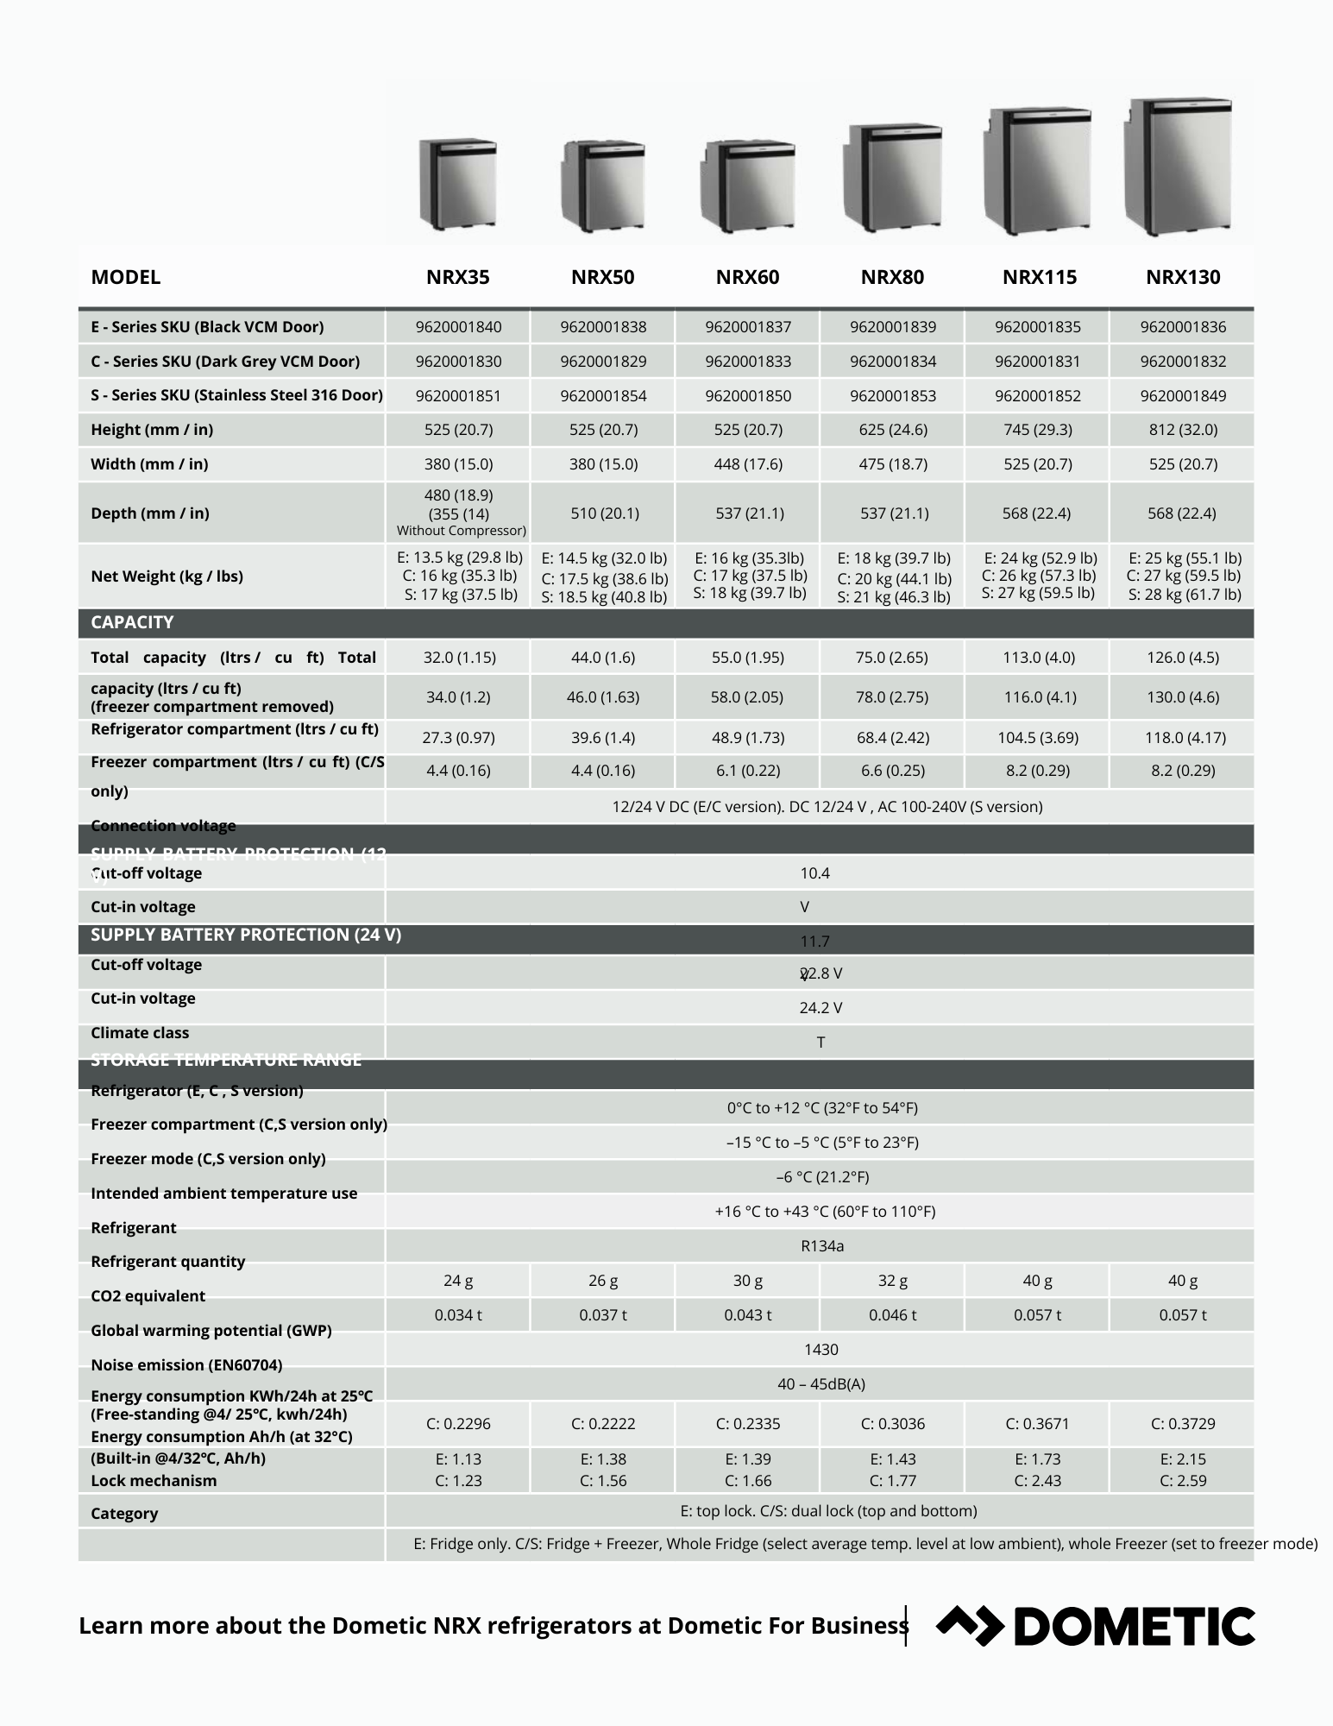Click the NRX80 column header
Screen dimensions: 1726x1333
pyautogui.click(x=892, y=277)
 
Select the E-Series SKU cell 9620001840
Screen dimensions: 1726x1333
pyautogui.click(x=458, y=327)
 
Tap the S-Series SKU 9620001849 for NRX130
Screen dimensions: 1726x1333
pyautogui.click(x=1183, y=396)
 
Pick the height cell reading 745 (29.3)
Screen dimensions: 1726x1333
pyautogui.click(x=1037, y=430)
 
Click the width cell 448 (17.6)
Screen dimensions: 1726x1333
pyautogui.click(x=748, y=464)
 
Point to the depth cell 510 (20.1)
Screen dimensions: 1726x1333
pyautogui.click(x=604, y=513)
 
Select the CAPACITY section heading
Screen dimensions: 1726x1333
pyautogui.click(x=132, y=622)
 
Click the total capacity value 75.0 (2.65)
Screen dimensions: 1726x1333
pyautogui.click(x=892, y=658)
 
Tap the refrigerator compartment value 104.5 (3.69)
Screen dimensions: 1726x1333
pyautogui.click(x=1037, y=738)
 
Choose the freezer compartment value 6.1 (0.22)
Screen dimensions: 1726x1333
pyautogui.click(x=748, y=771)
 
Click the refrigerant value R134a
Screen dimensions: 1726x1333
pyautogui.click(x=821, y=1246)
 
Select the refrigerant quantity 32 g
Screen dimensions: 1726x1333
pyautogui.click(x=892, y=1281)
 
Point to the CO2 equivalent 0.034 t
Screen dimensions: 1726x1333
pyautogui.click(x=458, y=1315)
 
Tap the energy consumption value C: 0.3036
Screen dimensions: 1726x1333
pyautogui.click(x=892, y=1424)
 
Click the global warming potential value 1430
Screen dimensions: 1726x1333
pyautogui.click(x=821, y=1350)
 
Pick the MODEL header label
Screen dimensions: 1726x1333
pyautogui.click(x=126, y=277)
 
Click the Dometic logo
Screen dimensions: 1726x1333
pyautogui.click(x=1096, y=1626)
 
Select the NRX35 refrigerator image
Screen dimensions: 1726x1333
pyautogui.click(x=458, y=183)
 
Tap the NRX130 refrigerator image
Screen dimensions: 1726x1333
pyautogui.click(x=1179, y=167)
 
